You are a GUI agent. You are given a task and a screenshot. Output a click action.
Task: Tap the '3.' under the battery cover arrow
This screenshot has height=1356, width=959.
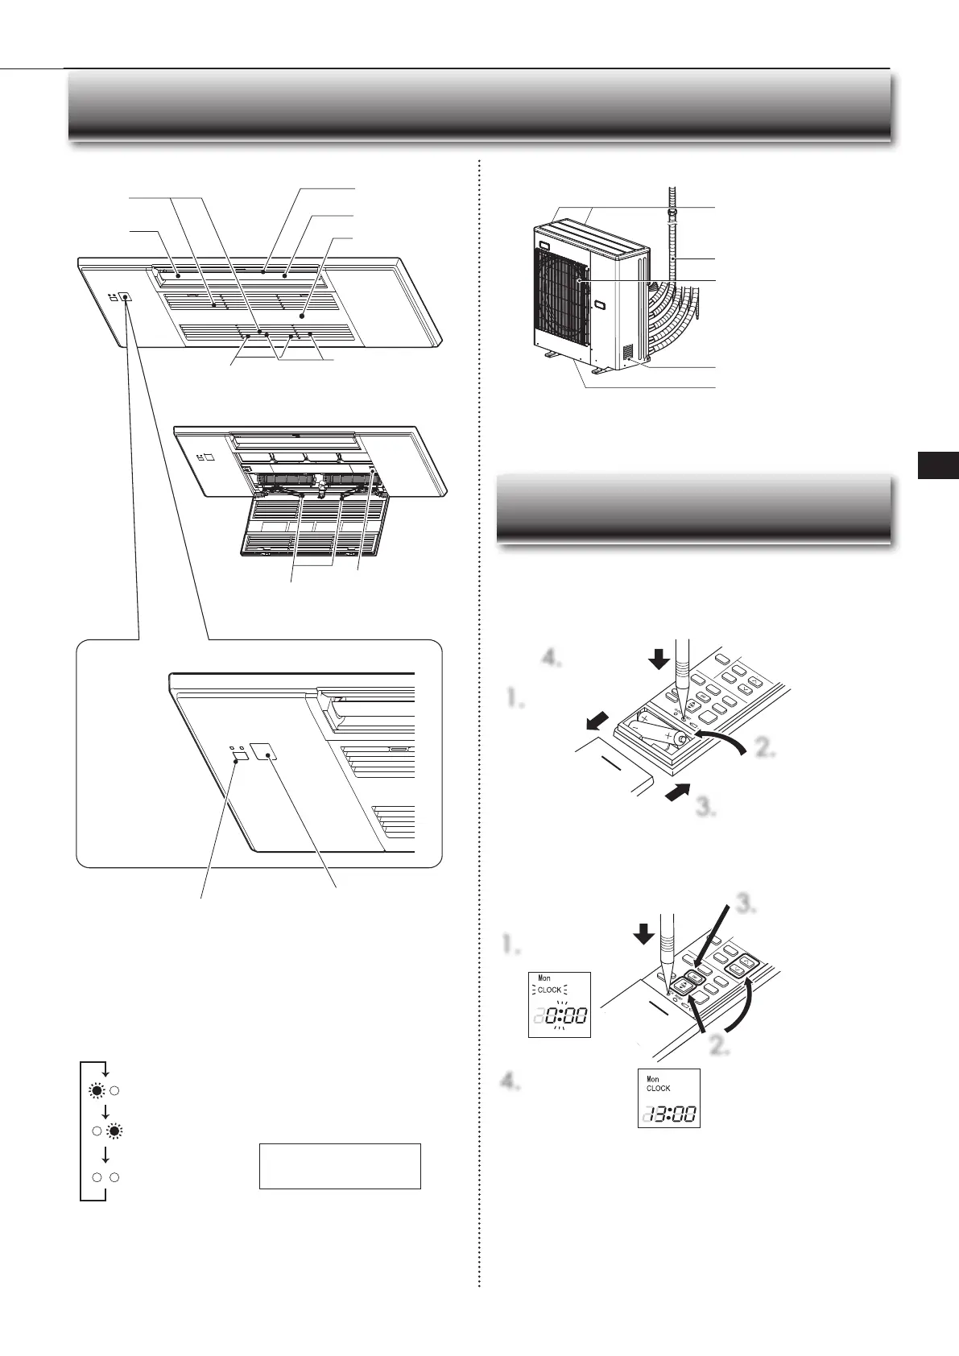point(706,808)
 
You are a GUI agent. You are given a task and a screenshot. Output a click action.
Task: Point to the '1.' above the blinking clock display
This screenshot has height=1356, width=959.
point(513,945)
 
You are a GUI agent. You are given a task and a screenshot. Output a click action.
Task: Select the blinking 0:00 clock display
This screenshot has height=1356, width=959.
point(560,1004)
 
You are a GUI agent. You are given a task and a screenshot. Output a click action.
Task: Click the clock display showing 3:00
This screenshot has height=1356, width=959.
point(668,1098)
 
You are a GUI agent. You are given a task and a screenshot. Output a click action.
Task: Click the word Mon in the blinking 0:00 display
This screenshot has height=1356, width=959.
point(544,978)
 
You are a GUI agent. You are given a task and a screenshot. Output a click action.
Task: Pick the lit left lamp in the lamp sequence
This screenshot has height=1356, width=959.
point(97,1092)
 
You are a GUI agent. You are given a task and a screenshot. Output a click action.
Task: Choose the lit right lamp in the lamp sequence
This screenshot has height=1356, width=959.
point(115,1131)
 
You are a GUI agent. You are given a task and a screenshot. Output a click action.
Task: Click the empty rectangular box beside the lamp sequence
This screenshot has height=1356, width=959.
point(340,1165)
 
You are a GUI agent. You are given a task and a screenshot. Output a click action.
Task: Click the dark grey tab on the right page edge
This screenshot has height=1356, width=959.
point(938,466)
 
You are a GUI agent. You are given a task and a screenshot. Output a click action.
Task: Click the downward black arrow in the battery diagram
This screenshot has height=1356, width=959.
point(659,659)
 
